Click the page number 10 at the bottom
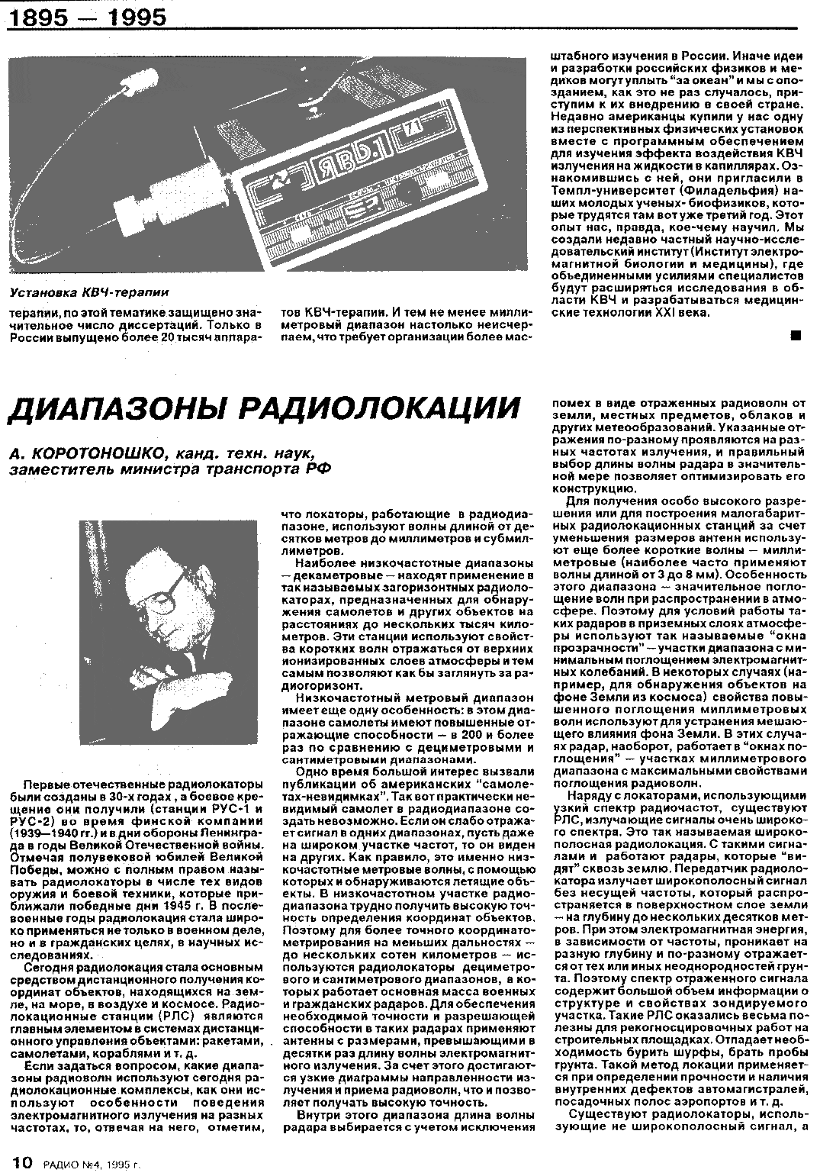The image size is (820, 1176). pyautogui.click(x=21, y=1162)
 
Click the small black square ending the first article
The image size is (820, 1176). pyautogui.click(x=796, y=333)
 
